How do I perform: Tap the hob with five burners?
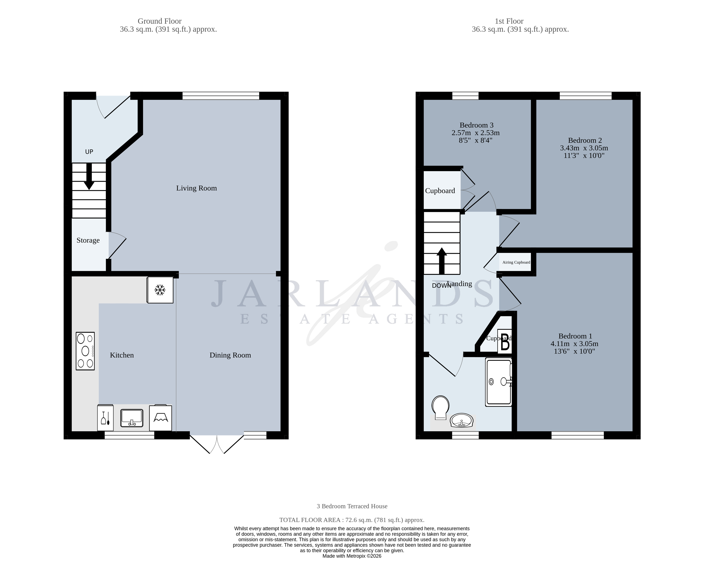pos(85,351)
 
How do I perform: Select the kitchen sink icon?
pos(132,418)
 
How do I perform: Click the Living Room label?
pos(196,188)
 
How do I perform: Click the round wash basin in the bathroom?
pos(462,420)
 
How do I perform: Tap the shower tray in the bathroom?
pos(499,382)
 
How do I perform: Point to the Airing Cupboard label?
pos(516,262)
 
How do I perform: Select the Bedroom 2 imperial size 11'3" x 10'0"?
pos(584,156)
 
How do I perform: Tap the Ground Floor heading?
pos(160,21)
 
